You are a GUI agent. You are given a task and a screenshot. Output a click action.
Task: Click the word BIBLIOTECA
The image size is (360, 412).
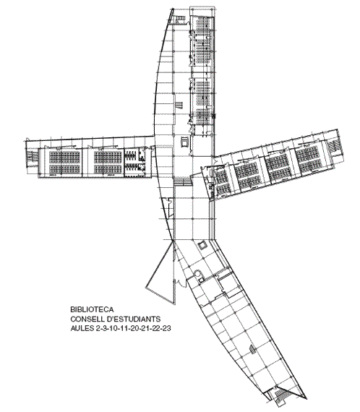(92, 309)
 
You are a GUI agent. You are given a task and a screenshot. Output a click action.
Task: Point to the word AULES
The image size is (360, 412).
(81, 328)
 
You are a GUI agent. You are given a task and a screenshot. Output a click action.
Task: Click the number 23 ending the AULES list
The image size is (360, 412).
(166, 328)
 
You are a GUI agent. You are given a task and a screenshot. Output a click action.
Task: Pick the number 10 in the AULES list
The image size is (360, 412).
(111, 328)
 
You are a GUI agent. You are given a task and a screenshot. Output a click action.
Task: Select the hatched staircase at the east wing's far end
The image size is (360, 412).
(334, 147)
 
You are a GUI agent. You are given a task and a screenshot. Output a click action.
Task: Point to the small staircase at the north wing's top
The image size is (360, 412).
(180, 20)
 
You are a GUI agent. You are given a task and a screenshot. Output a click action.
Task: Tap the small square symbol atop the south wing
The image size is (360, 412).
(202, 246)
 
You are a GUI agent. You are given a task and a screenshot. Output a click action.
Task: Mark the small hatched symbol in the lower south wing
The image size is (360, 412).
(252, 350)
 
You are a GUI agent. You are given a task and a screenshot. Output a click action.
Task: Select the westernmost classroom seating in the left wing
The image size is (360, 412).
(64, 162)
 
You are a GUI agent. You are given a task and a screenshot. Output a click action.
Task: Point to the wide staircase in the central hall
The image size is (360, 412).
(182, 181)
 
